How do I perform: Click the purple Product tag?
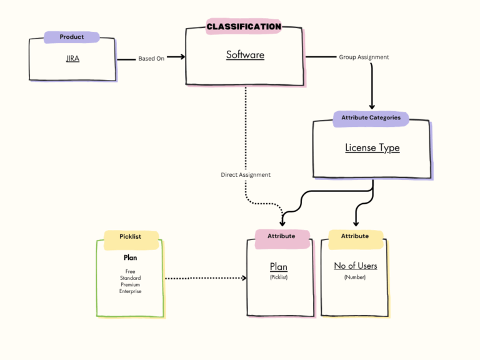pyautogui.click(x=72, y=37)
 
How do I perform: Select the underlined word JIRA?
pyautogui.click(x=72, y=59)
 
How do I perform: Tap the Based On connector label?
pyautogui.click(x=151, y=59)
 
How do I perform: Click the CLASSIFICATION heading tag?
pyautogui.click(x=244, y=26)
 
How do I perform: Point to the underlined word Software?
pyautogui.click(x=245, y=55)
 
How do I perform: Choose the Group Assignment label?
pyautogui.click(x=364, y=57)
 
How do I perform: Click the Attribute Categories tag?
pyautogui.click(x=371, y=117)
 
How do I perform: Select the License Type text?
pyautogui.click(x=372, y=148)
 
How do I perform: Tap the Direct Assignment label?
pyautogui.click(x=246, y=175)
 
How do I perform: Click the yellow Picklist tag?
pyautogui.click(x=131, y=237)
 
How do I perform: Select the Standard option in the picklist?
pyautogui.click(x=131, y=279)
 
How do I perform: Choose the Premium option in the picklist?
pyautogui.click(x=131, y=285)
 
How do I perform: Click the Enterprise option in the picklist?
pyautogui.click(x=131, y=291)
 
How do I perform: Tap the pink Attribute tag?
pyautogui.click(x=281, y=236)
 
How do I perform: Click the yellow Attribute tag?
pyautogui.click(x=354, y=236)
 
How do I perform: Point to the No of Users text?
pyautogui.click(x=356, y=266)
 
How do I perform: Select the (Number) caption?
pyautogui.click(x=355, y=277)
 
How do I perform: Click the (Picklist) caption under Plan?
pyautogui.click(x=279, y=277)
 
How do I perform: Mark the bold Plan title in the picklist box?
pyautogui.click(x=131, y=257)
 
